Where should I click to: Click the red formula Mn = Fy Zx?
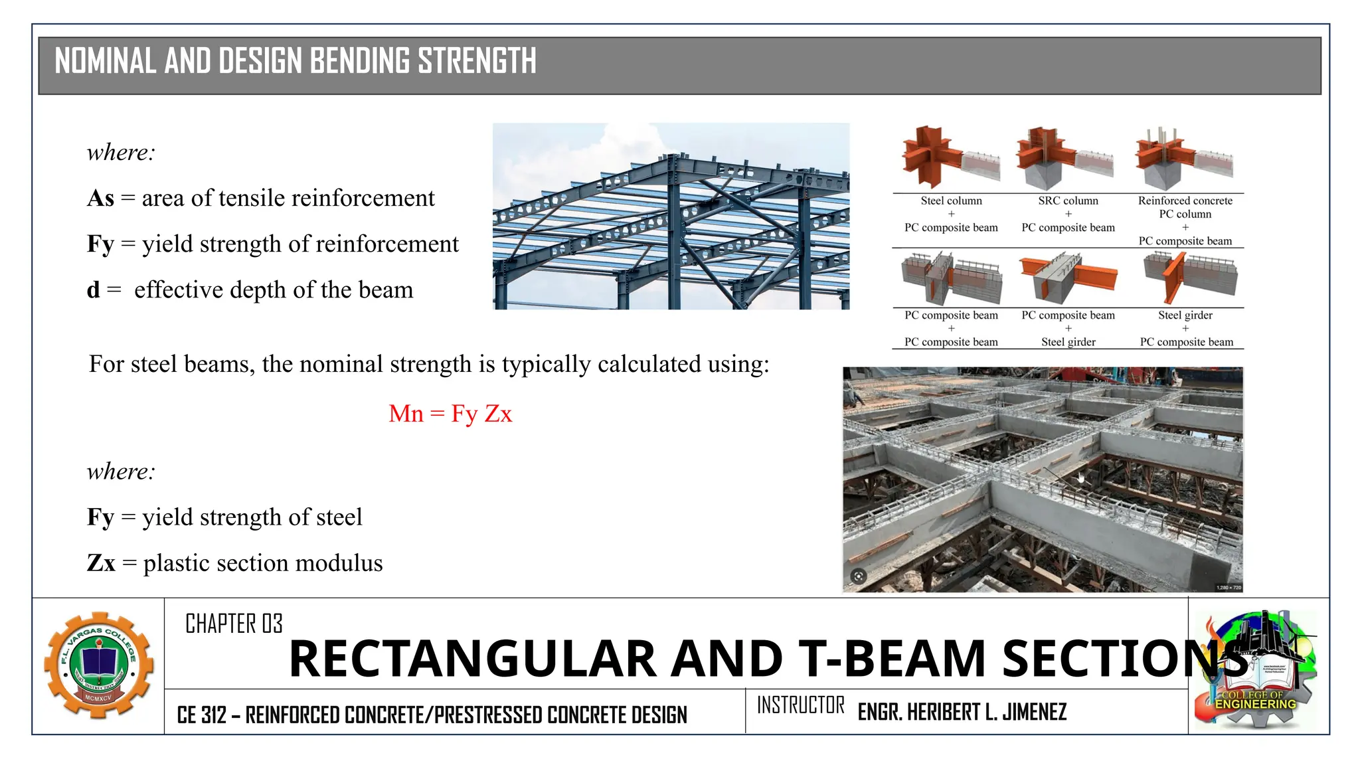[450, 414]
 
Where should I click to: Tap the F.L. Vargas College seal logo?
[99, 665]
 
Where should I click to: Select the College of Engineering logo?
[1254, 671]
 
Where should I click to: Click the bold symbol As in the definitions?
[101, 198]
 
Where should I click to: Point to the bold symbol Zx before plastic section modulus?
[101, 563]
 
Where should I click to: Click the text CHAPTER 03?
[234, 624]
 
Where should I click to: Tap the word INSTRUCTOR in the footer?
[800, 705]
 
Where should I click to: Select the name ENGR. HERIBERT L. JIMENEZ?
[962, 712]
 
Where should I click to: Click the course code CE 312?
[201, 715]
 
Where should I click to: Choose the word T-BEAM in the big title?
[892, 659]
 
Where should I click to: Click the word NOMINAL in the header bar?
[106, 61]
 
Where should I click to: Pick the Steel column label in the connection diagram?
[951, 201]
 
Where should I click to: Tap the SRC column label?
[1068, 201]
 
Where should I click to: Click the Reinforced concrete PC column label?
[1185, 207]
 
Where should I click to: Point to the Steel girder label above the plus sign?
[1185, 315]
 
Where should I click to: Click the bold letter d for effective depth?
[93, 290]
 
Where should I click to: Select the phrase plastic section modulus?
[263, 563]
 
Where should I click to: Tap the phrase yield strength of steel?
[252, 517]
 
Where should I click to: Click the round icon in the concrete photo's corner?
[859, 576]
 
